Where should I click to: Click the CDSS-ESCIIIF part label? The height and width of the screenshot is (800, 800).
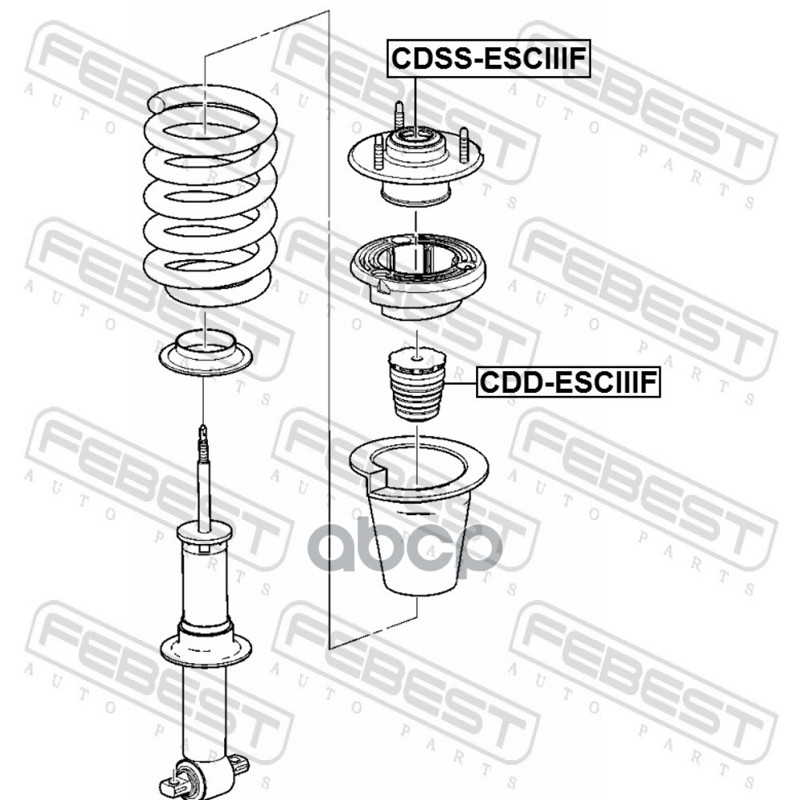(x=488, y=58)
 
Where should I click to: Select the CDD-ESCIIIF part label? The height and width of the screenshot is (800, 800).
(x=568, y=382)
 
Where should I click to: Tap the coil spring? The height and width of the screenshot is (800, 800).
(x=210, y=196)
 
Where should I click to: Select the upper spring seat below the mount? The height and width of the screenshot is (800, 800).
(x=417, y=276)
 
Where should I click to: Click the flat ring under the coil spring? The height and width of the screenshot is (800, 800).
(x=206, y=353)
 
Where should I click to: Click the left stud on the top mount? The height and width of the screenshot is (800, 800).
(x=378, y=152)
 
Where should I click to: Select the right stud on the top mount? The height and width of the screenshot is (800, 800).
(x=464, y=145)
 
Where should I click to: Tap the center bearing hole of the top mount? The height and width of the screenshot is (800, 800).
(x=414, y=135)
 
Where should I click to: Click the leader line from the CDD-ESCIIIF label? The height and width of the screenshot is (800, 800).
(x=461, y=383)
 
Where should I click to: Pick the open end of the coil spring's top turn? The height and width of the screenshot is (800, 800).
(x=156, y=104)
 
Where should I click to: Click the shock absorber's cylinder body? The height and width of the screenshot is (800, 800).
(x=205, y=587)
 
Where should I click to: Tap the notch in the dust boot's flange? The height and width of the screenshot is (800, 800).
(x=377, y=472)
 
